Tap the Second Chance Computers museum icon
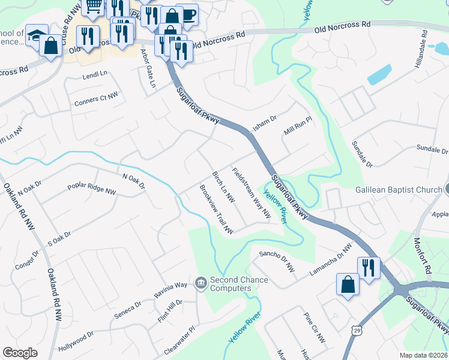(x=201, y=282)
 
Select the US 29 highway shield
(x=357, y=330)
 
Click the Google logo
(x=20, y=353)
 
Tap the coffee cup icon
(x=188, y=13)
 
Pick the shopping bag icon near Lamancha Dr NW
(x=348, y=284)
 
